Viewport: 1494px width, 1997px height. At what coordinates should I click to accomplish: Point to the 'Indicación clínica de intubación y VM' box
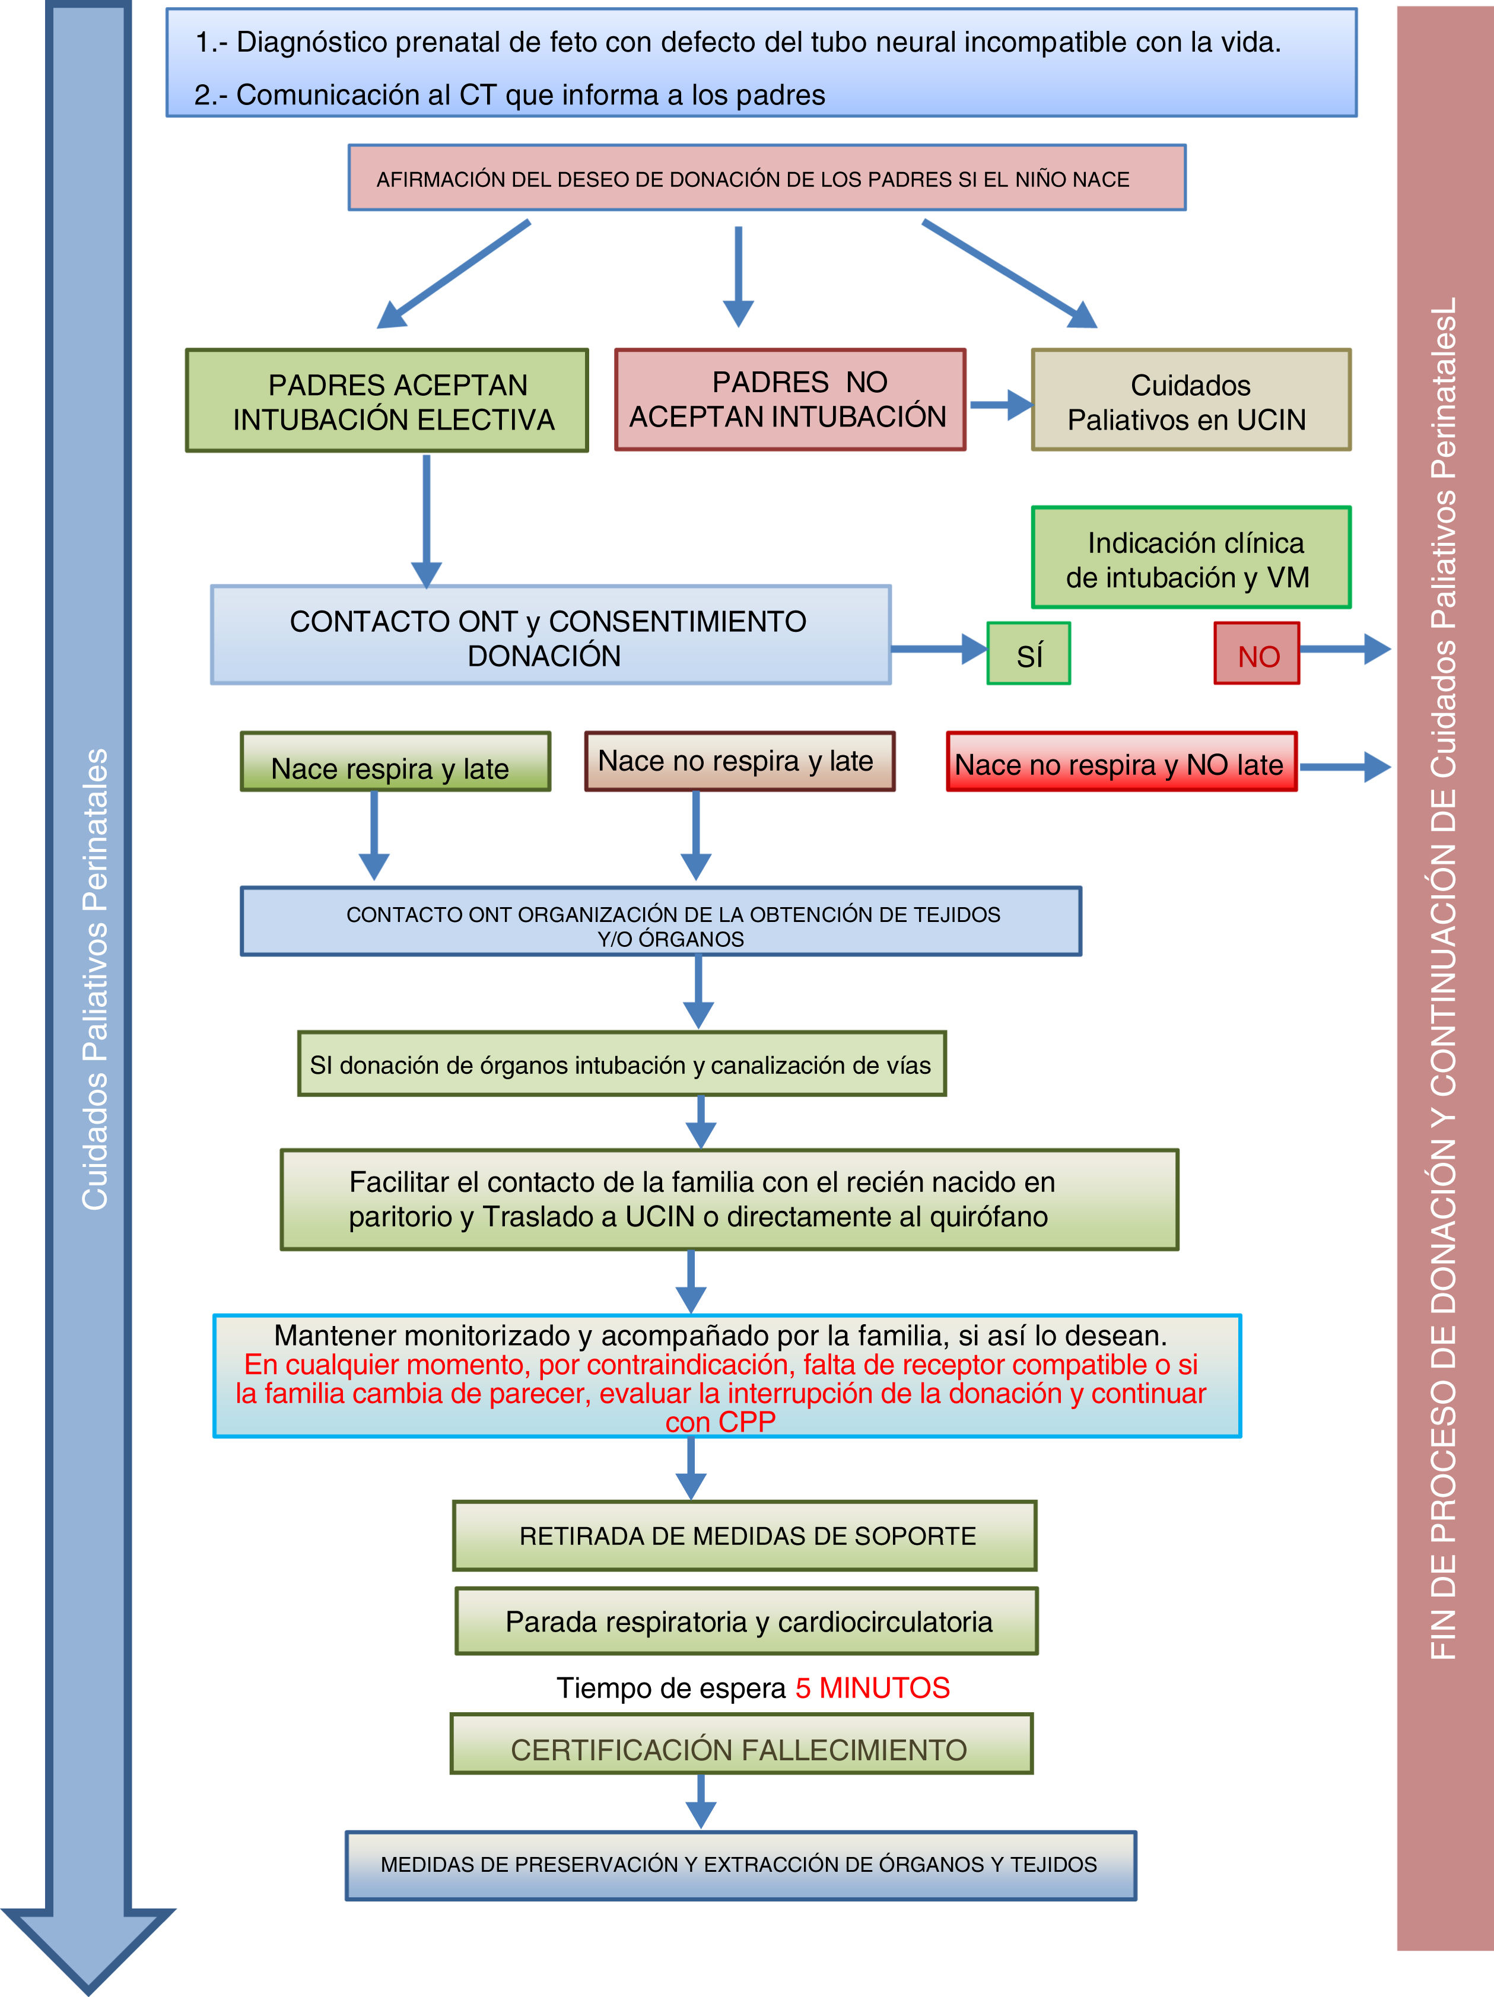[x=1191, y=558]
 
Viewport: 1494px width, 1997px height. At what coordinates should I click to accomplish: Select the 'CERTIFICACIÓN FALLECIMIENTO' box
[x=741, y=1744]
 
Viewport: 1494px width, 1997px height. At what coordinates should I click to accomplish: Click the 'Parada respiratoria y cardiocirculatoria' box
[x=746, y=1621]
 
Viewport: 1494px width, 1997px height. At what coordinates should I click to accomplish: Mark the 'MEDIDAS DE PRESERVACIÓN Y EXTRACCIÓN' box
[x=740, y=1865]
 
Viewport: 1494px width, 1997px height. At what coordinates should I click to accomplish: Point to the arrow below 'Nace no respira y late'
[x=696, y=836]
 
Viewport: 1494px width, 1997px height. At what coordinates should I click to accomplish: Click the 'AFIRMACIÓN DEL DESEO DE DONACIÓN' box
[x=767, y=179]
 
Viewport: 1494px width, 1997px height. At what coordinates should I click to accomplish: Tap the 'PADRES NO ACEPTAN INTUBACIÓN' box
[x=790, y=400]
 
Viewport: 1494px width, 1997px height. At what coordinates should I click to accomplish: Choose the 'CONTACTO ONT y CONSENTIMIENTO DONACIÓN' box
[x=551, y=635]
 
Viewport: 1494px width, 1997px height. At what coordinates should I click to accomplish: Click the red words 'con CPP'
[x=720, y=1423]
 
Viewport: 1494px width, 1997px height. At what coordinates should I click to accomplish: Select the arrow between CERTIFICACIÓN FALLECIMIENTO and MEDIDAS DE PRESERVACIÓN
[x=701, y=1801]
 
